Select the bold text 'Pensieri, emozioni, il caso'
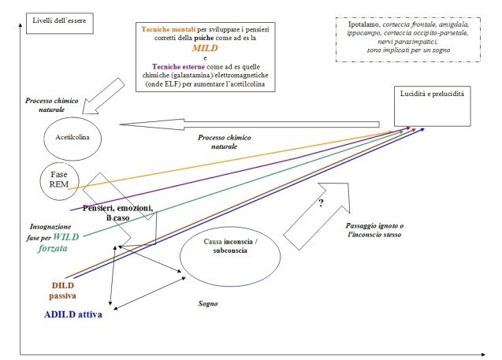(x=118, y=213)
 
